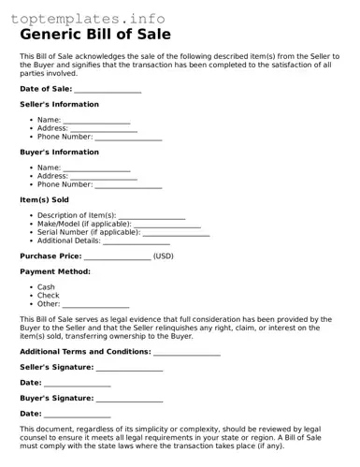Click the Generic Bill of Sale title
pyautogui.click(x=95, y=36)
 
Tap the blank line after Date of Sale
pyautogui.click(x=108, y=90)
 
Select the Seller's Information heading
pyautogui.click(x=59, y=105)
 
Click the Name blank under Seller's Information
pyautogui.click(x=96, y=122)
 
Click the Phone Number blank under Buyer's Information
pyautogui.click(x=128, y=185)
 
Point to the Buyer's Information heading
pyautogui.click(x=59, y=152)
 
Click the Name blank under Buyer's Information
pyautogui.click(x=96, y=169)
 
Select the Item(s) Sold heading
pyautogui.click(x=44, y=199)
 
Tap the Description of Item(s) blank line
pyautogui.click(x=151, y=217)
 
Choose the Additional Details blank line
pyautogui.click(x=136, y=241)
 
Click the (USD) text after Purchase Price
pyautogui.click(x=164, y=255)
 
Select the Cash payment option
pyautogui.click(x=46, y=287)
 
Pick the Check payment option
pyautogui.click(x=48, y=296)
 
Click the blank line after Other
pyautogui.click(x=96, y=305)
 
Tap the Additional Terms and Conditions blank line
pyautogui.click(x=187, y=353)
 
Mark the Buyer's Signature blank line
pyautogui.click(x=129, y=399)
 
